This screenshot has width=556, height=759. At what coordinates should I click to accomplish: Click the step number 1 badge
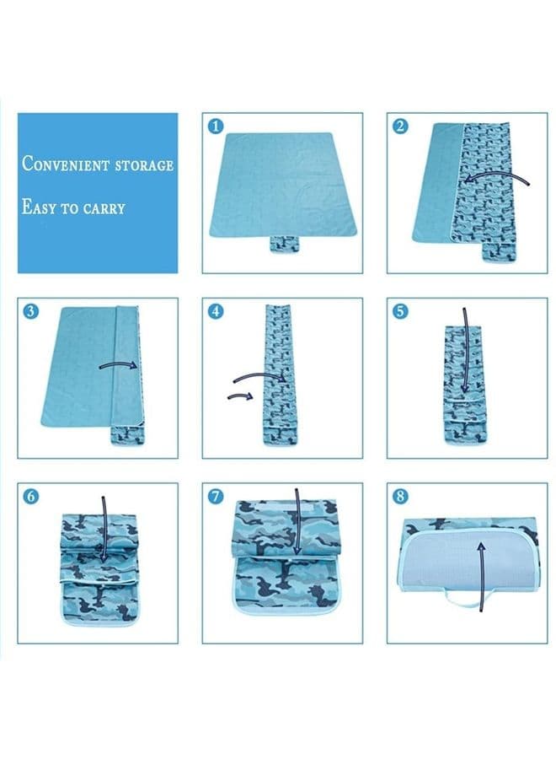pos(216,126)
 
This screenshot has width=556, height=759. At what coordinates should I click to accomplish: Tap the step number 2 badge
pos(400,126)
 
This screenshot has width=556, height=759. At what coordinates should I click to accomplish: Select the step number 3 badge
pos(31,311)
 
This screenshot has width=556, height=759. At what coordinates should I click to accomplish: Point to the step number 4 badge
pos(216,311)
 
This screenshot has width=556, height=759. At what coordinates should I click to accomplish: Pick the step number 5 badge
pos(400,311)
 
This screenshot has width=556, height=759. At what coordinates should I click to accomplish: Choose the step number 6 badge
pos(31,496)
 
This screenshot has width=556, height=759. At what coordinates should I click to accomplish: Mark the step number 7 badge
pos(216,496)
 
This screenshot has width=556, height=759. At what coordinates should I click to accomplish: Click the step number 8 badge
pos(400,496)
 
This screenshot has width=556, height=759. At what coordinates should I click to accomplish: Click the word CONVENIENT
pos(66,164)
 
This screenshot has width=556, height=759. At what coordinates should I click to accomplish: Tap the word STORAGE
pos(145,165)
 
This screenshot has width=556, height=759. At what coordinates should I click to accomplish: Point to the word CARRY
pos(104,208)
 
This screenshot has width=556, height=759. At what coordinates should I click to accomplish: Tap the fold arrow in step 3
pos(120,364)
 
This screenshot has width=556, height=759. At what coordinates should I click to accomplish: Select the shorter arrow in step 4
pos(240,396)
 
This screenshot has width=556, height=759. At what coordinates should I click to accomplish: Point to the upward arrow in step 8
pos(481,576)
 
